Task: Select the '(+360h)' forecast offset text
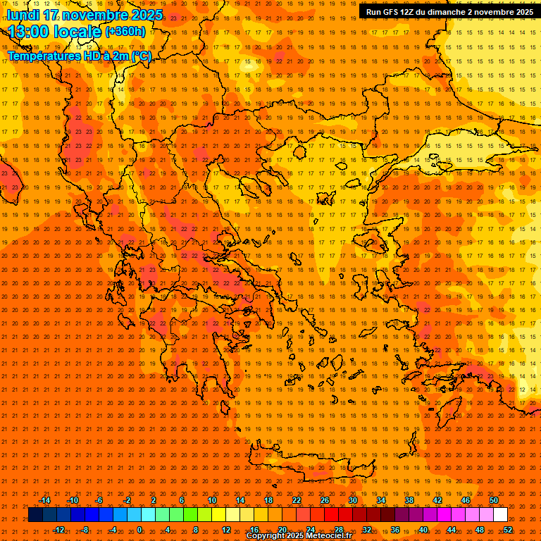(x=125, y=32)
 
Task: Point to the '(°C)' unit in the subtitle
(x=140, y=56)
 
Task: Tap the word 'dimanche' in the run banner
(x=452, y=12)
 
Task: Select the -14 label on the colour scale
(x=44, y=500)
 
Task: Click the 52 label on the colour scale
(x=508, y=530)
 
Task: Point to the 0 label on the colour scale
(x=139, y=530)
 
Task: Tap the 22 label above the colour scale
(x=297, y=500)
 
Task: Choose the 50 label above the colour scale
(x=494, y=500)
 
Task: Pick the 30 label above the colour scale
(x=353, y=500)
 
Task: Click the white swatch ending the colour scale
(x=501, y=515)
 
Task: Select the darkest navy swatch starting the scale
(x=36, y=515)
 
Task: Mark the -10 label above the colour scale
(x=72, y=500)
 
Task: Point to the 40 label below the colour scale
(x=423, y=530)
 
